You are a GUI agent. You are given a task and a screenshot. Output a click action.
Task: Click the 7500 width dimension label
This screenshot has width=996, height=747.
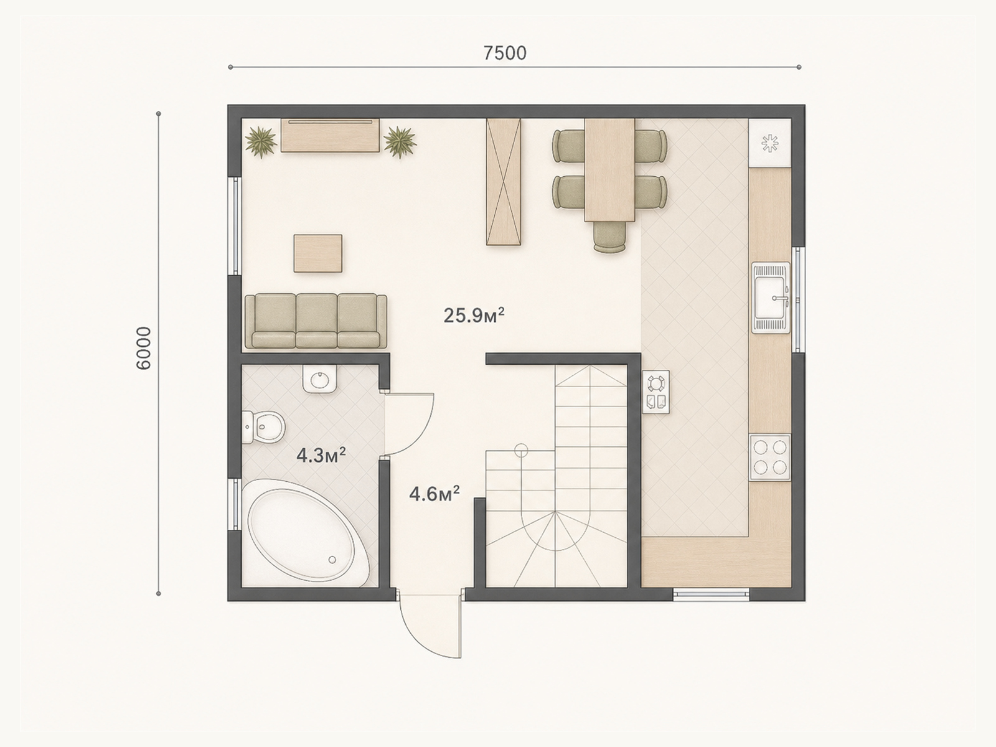pos(505,54)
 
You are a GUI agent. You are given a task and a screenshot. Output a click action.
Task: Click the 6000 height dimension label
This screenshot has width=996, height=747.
pos(144,349)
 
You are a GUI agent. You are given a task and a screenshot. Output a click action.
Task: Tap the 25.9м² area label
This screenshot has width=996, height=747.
pos(474,315)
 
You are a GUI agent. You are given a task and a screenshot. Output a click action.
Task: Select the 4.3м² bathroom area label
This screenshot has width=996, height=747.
pos(321,455)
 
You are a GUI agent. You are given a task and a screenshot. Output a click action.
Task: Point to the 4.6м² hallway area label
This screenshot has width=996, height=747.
pos(435,494)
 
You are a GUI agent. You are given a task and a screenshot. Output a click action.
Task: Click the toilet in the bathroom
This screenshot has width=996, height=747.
pos(263,427)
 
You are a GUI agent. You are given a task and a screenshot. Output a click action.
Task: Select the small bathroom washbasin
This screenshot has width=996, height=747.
pos(321,378)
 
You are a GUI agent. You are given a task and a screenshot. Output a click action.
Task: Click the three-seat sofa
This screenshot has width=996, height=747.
pos(316,321)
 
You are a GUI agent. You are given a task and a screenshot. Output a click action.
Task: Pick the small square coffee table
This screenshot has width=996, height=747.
pos(317,253)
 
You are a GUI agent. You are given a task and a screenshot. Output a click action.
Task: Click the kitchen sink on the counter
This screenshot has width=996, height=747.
pos(771,298)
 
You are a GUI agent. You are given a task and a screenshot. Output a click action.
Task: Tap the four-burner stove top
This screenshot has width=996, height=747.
pos(769,457)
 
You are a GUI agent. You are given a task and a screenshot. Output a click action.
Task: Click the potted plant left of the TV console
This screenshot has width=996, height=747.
pos(261,141)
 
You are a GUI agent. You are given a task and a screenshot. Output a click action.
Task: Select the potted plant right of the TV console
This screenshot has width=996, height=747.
pos(400,141)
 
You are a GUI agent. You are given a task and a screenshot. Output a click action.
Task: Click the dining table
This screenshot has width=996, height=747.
pos(609,170)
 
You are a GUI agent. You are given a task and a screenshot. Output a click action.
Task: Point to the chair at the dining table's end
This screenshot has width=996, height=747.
pos(610,237)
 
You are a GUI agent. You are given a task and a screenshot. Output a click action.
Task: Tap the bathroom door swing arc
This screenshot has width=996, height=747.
pos(410,425)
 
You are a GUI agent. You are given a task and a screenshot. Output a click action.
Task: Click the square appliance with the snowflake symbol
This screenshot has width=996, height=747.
pos(769,143)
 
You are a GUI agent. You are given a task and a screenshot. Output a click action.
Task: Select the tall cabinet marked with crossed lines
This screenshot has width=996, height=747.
pos(504,182)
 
